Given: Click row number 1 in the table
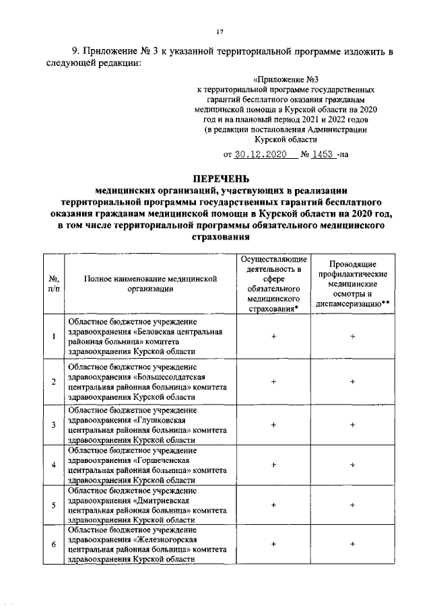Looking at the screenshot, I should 53,336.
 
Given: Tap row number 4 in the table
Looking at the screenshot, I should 53,465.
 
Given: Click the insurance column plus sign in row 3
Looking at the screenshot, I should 273,425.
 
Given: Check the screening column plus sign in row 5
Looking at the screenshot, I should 352,505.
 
